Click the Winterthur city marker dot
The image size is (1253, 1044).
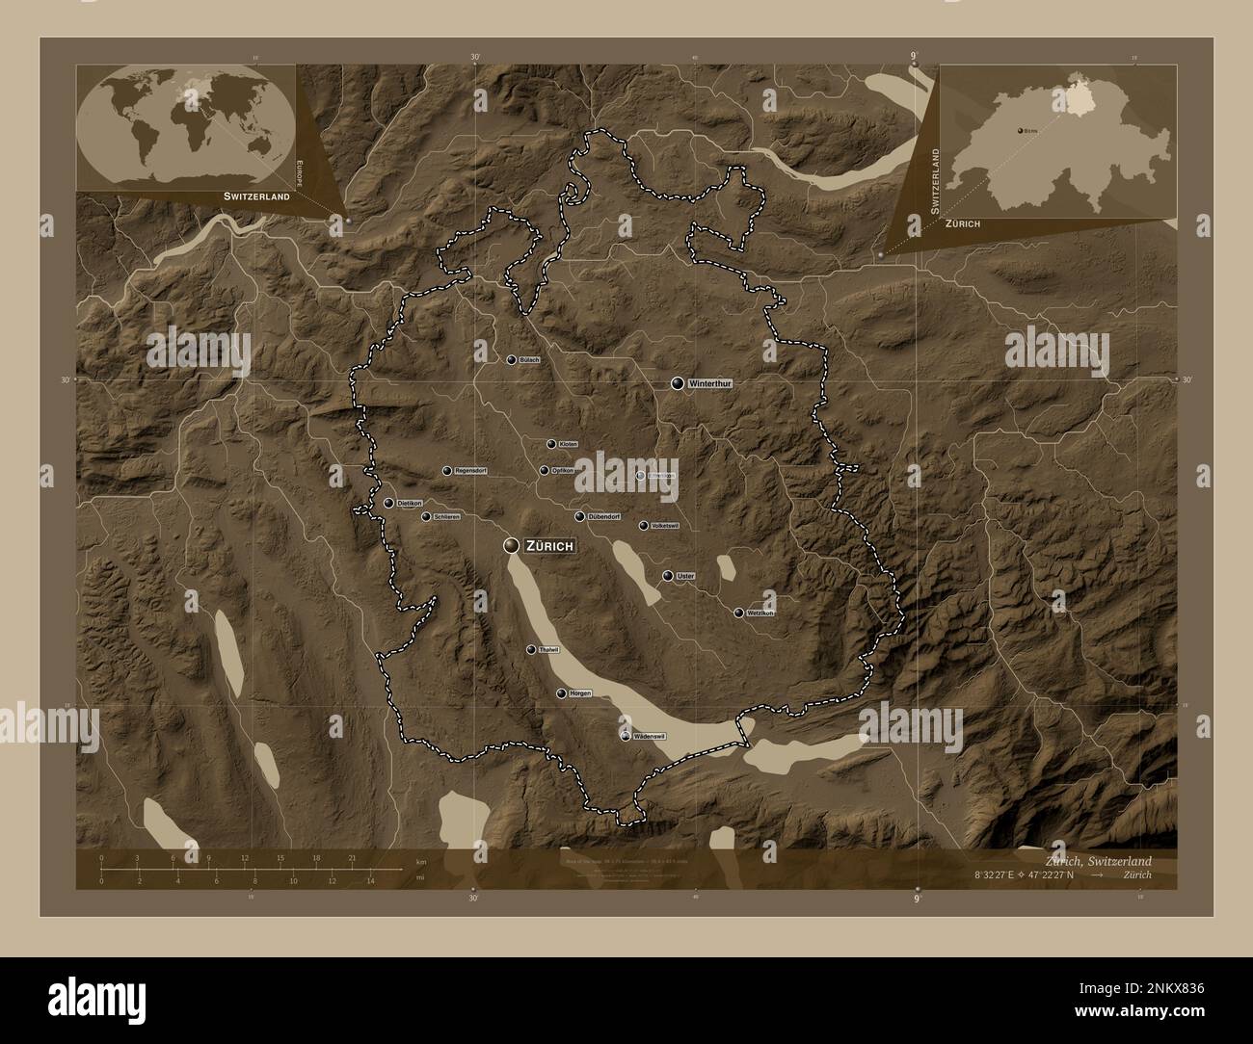pyautogui.click(x=679, y=383)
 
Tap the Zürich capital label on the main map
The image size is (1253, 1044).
pyautogui.click(x=550, y=546)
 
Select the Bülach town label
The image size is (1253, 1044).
pyautogui.click(x=529, y=360)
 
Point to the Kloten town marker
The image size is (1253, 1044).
pyautogui.click(x=551, y=444)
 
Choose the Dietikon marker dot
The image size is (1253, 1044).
pyautogui.click(x=388, y=503)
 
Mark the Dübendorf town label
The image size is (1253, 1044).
pyautogui.click(x=604, y=517)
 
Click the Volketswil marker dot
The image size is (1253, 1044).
pyautogui.click(x=644, y=526)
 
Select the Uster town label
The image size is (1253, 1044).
pyautogui.click(x=686, y=576)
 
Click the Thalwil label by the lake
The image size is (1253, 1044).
pyautogui.click(x=548, y=650)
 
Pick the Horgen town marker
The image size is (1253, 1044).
pyautogui.click(x=562, y=693)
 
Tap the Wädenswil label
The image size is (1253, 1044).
pyautogui.click(x=649, y=737)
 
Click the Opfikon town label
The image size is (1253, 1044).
pyautogui.click(x=564, y=471)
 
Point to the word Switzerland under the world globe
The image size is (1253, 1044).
pyautogui.click(x=256, y=196)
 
